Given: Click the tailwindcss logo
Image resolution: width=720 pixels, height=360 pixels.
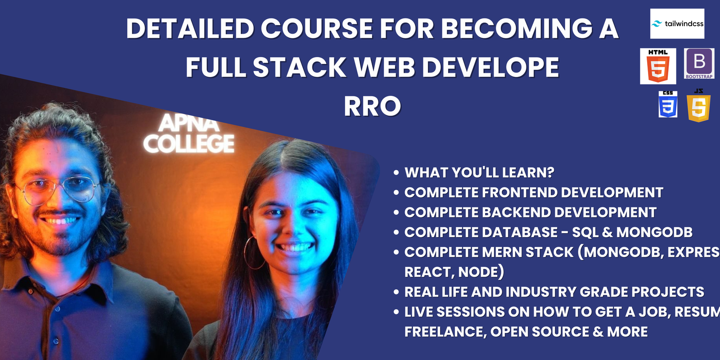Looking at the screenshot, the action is pyautogui.click(x=677, y=23).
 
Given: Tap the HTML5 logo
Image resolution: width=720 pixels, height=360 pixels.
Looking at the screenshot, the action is pyautogui.click(x=657, y=66).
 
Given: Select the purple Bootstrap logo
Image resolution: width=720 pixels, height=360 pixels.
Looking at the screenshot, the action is pyautogui.click(x=699, y=63).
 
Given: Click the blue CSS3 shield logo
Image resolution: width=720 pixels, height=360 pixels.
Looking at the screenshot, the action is pyautogui.click(x=668, y=104).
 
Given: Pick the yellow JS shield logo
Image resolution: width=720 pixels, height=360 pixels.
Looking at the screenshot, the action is pyautogui.click(x=698, y=105).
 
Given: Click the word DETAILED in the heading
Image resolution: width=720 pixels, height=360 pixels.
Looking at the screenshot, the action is pyautogui.click(x=190, y=28).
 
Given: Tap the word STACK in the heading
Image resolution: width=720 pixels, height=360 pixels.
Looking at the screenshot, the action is pyautogui.click(x=299, y=67).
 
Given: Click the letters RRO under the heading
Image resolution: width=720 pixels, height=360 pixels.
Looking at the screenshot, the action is pyautogui.click(x=372, y=106).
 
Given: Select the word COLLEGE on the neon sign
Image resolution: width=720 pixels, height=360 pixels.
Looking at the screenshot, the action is pyautogui.click(x=189, y=144).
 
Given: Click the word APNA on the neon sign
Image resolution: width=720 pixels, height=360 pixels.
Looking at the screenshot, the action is pyautogui.click(x=189, y=124).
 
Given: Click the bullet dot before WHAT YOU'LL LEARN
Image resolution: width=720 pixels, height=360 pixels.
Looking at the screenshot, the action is pyautogui.click(x=396, y=173).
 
